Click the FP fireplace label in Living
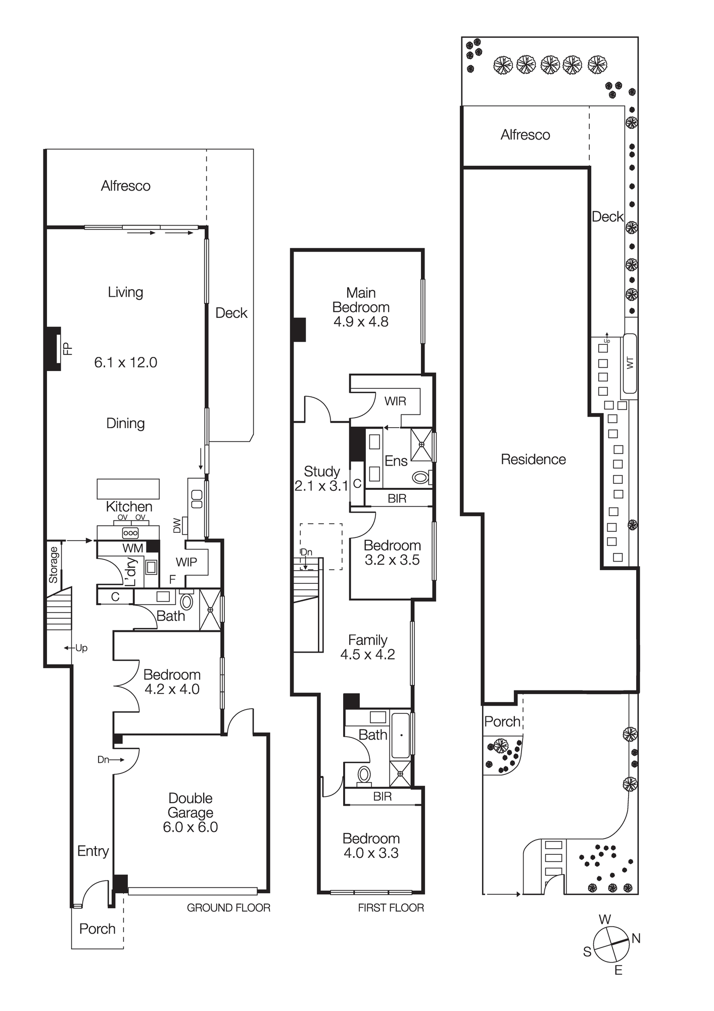point(68,349)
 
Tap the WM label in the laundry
point(133,548)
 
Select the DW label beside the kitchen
point(177,526)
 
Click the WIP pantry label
point(186,562)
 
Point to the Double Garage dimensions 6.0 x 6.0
point(190,827)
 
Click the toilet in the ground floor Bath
point(186,602)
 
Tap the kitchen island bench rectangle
point(128,489)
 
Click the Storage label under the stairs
point(54,565)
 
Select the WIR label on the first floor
point(395,401)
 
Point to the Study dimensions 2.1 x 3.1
point(321,486)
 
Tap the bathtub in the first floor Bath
point(401,736)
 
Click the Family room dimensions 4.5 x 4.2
point(367,654)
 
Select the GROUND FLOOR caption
point(228,908)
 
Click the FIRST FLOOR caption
point(391,908)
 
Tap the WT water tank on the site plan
point(630,363)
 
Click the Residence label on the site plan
point(533,459)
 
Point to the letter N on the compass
point(636,939)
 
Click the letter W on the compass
point(605,920)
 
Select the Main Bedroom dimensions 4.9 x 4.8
point(361,321)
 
